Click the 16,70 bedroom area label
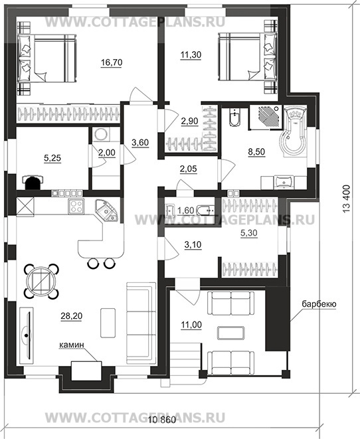[x=112, y=62]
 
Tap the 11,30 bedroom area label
[x=191, y=55]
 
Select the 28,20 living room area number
[x=71, y=316]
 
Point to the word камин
[x=71, y=345]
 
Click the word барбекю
[x=319, y=304]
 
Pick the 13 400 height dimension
[x=346, y=199]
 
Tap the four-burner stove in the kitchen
[x=76, y=207]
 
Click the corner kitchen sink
[x=107, y=210]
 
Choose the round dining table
[x=41, y=280]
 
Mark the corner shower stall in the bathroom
[x=266, y=117]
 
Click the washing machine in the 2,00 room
[x=101, y=134]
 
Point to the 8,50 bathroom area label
[x=256, y=151]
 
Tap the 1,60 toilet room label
[x=186, y=211]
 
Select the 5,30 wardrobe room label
[x=249, y=232]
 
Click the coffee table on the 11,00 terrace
[x=230, y=333]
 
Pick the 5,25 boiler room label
[x=52, y=158]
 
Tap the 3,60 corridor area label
[x=140, y=143]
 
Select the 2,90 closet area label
[x=189, y=122]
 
